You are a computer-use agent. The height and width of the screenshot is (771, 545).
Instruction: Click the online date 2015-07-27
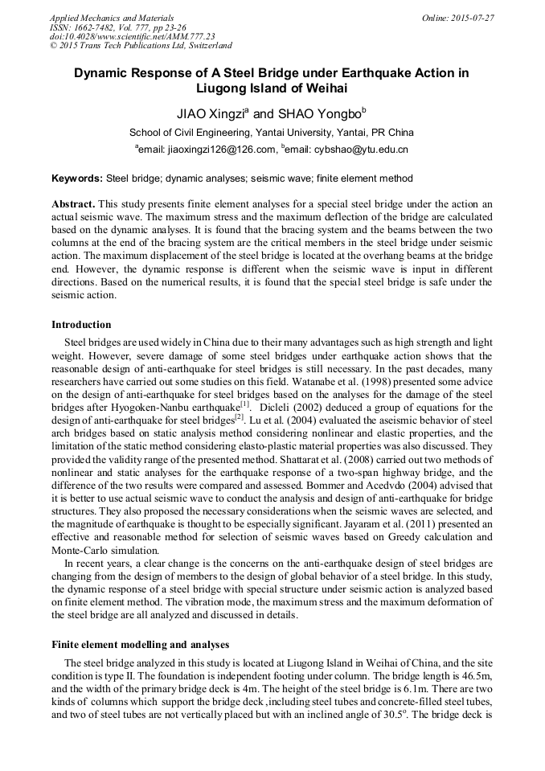click(x=469, y=17)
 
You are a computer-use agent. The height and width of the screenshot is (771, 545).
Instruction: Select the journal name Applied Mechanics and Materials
click(x=112, y=17)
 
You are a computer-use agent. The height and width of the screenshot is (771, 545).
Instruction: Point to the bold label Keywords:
click(x=77, y=178)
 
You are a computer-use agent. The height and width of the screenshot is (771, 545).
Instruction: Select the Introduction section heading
click(x=81, y=325)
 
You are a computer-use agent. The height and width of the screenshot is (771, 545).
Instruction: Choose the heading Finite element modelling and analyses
click(x=141, y=644)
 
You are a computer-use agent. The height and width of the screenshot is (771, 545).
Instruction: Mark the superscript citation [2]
click(x=238, y=417)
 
